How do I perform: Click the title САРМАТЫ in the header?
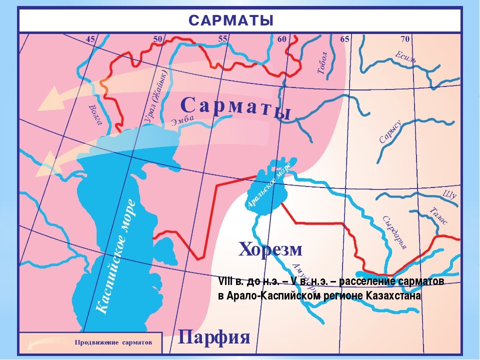[231, 20]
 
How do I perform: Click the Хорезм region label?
[270, 248]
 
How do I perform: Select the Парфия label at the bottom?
[213, 337]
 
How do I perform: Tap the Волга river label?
[94, 114]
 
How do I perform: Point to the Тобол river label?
[322, 62]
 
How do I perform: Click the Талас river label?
[439, 215]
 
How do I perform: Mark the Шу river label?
[450, 194]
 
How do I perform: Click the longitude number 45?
[90, 39]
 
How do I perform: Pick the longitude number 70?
[404, 39]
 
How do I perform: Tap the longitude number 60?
[281, 39]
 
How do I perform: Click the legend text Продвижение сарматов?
[112, 342]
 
